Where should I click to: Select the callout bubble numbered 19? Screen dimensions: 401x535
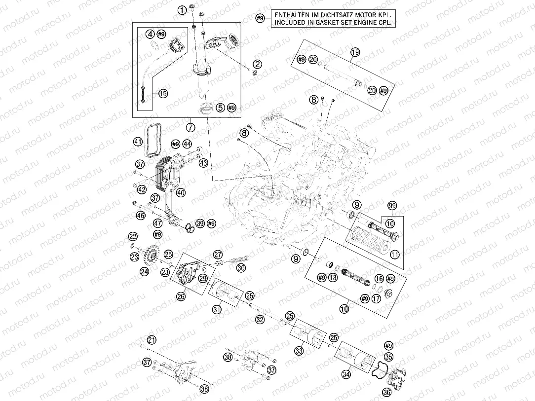pos(355,52)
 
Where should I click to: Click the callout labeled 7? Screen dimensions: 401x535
pos(191,127)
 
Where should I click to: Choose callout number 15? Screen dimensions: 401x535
pos(163,93)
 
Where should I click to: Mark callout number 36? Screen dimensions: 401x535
pos(386,392)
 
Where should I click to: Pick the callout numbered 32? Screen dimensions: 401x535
pos(260,319)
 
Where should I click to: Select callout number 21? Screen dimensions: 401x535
pos(152,340)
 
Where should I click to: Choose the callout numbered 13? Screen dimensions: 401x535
pos(333,278)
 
